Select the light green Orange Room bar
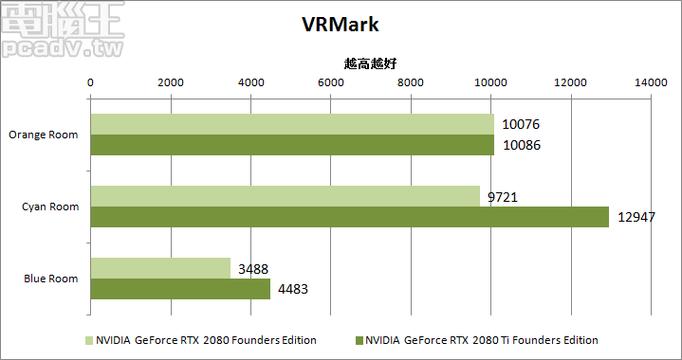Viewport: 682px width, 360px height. tap(291, 124)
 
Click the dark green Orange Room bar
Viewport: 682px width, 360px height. tap(291, 145)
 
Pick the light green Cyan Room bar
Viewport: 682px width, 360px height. tap(285, 195)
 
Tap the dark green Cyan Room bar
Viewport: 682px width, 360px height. tap(349, 217)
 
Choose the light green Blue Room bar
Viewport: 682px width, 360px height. tap(159, 268)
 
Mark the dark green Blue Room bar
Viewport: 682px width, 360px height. tap(179, 289)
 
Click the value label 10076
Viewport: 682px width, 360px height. tap(520, 125)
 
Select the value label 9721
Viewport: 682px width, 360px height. tap(502, 197)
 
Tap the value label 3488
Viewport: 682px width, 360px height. tap(252, 269)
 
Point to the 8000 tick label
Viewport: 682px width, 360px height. tap(411, 83)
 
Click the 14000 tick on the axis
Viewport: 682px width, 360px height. tap(652, 83)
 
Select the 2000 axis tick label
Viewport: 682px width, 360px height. tap(170, 83)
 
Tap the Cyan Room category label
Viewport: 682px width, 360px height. tap(51, 206)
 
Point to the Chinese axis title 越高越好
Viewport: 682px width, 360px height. tap(370, 63)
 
